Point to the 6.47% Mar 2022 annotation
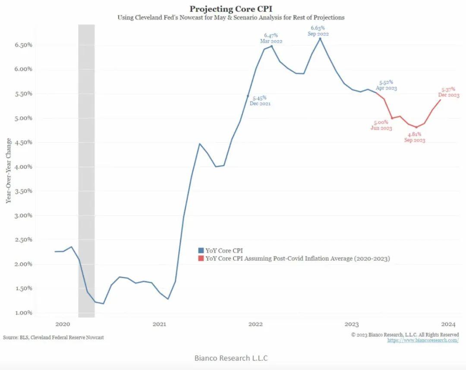click(x=271, y=38)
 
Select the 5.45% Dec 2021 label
click(x=259, y=101)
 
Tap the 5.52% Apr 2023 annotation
click(x=386, y=85)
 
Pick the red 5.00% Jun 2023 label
click(x=381, y=125)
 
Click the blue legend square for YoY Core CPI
click(x=201, y=250)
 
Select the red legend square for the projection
click(x=201, y=259)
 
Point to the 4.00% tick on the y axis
click(x=22, y=167)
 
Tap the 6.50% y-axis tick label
click(x=22, y=45)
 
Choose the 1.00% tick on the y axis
click(x=22, y=313)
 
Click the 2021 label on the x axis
click(x=159, y=324)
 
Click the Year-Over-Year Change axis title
click(x=9, y=171)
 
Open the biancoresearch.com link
click(x=423, y=340)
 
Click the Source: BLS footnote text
click(x=53, y=337)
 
